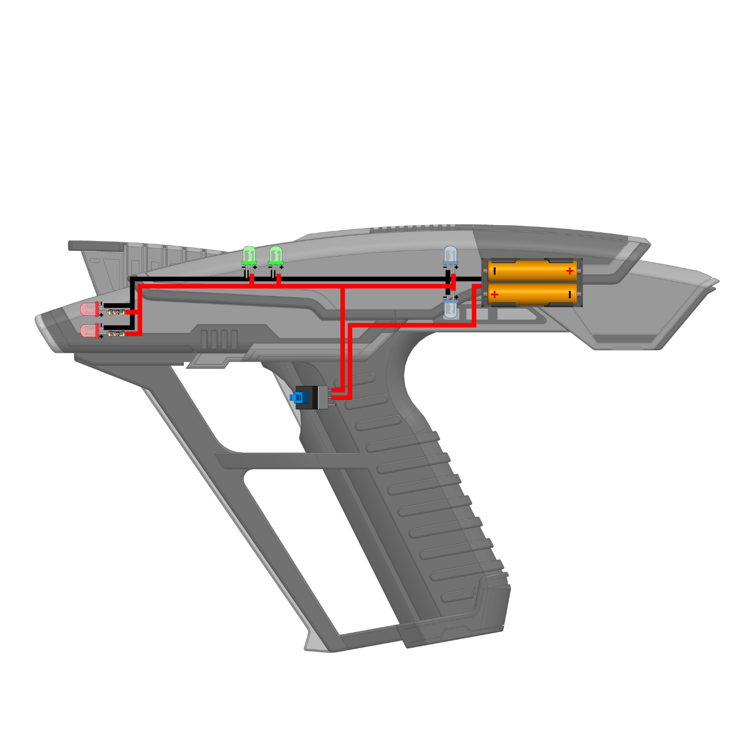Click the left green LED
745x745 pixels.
pyautogui.click(x=249, y=255)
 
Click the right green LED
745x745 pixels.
pyautogui.click(x=276, y=255)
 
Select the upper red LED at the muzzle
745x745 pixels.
pyautogui.click(x=89, y=310)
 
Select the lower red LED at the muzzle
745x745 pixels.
pyautogui.click(x=89, y=330)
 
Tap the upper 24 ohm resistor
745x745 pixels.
pyautogui.click(x=116, y=312)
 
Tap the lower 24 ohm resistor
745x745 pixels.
pyautogui.click(x=116, y=334)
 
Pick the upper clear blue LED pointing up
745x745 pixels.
pyautogui.click(x=451, y=255)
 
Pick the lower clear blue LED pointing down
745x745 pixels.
pyautogui.click(x=451, y=309)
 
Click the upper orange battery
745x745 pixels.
pyautogui.click(x=532, y=271)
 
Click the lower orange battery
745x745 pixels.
pyautogui.click(x=532, y=293)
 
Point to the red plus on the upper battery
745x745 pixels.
pyautogui.click(x=570, y=271)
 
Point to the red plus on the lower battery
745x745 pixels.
pyautogui.click(x=495, y=294)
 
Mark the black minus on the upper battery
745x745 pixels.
pyautogui.click(x=495, y=271)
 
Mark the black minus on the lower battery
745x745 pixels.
pyautogui.click(x=570, y=294)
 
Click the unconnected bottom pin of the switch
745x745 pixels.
pyautogui.click(x=332, y=404)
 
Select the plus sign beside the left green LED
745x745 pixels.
pyautogui.click(x=255, y=267)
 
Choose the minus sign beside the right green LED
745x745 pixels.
pyautogui.click(x=270, y=267)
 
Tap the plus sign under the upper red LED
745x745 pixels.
pyautogui.click(x=101, y=315)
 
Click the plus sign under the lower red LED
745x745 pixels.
pyautogui.click(x=101, y=337)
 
